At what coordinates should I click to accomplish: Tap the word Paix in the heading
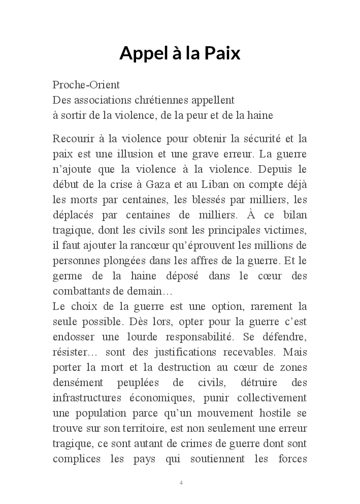[222, 53]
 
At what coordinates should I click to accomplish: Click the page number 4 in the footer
[181, 482]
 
